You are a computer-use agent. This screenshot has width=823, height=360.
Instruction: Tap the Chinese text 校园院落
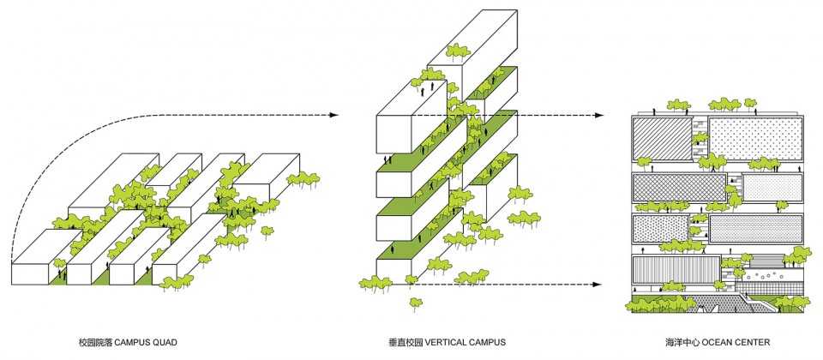[94, 343]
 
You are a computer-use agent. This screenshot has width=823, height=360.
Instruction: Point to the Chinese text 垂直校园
[405, 343]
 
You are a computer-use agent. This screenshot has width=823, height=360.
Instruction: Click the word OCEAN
[715, 343]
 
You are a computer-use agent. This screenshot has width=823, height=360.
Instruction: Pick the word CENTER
[751, 343]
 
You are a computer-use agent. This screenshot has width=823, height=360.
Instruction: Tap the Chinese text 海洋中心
[682, 343]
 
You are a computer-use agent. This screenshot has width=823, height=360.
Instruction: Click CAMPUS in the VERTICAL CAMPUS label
[488, 343]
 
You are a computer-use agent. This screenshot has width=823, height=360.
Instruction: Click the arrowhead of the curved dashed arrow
[333, 115]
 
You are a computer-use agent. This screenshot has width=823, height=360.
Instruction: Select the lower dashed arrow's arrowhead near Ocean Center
[596, 285]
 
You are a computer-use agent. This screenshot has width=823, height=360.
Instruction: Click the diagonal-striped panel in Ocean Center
[663, 139]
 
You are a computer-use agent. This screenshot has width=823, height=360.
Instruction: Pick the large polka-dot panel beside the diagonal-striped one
[756, 139]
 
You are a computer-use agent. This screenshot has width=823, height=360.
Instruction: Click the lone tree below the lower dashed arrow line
[416, 303]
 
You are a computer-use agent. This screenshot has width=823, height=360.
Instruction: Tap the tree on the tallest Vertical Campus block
[458, 51]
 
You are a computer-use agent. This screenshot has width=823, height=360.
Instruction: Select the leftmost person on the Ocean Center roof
[653, 111]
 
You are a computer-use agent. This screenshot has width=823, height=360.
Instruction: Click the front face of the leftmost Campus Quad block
[32, 273]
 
